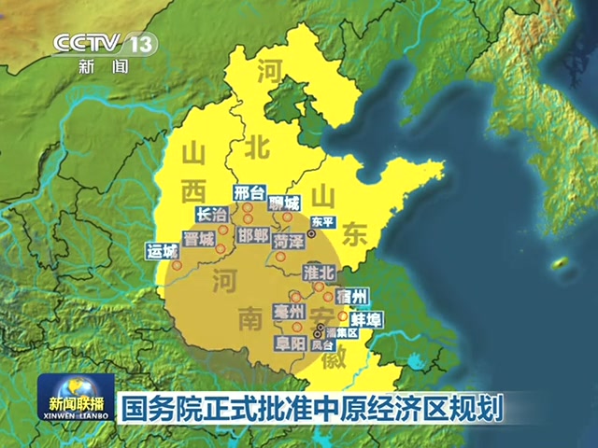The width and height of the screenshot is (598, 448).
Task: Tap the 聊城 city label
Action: pyautogui.click(x=284, y=203)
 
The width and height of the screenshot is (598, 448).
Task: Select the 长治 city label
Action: pyautogui.click(x=213, y=215)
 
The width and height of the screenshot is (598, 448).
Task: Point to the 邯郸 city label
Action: pyautogui.click(x=253, y=233)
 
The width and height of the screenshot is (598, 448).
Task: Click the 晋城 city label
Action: pyautogui.click(x=199, y=239)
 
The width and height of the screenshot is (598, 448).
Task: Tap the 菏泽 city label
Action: pyautogui.click(x=288, y=241)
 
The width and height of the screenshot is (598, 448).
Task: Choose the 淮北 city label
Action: pyautogui.click(x=320, y=273)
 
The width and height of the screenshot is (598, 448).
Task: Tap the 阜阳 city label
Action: pyautogui.click(x=290, y=343)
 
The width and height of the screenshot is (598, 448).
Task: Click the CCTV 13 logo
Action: pyautogui.click(x=103, y=44)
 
